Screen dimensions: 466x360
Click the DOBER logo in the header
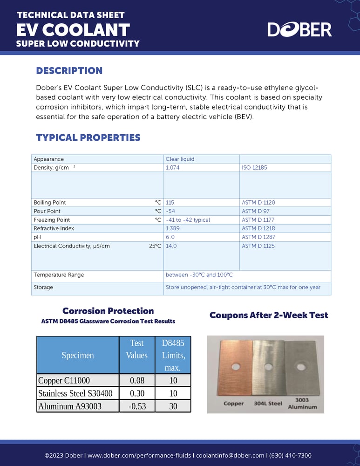299,29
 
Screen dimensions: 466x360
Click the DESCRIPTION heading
69,71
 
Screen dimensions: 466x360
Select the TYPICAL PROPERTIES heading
88,137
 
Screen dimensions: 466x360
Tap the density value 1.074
173,167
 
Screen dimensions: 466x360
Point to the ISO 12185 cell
254,167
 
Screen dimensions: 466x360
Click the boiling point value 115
170,203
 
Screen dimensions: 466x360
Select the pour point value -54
170,211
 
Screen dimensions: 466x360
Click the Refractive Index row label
54,228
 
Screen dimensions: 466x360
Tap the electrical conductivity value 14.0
171,246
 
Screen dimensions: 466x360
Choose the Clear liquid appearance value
180,159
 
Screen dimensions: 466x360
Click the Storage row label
43,288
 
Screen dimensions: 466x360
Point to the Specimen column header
78,355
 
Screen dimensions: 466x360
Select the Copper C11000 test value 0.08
136,380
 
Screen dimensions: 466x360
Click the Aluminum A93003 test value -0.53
136,406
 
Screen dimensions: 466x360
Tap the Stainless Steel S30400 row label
75,393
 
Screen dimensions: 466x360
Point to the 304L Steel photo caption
268,404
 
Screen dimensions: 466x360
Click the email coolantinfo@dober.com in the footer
233,455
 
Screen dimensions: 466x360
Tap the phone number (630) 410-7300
292,455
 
